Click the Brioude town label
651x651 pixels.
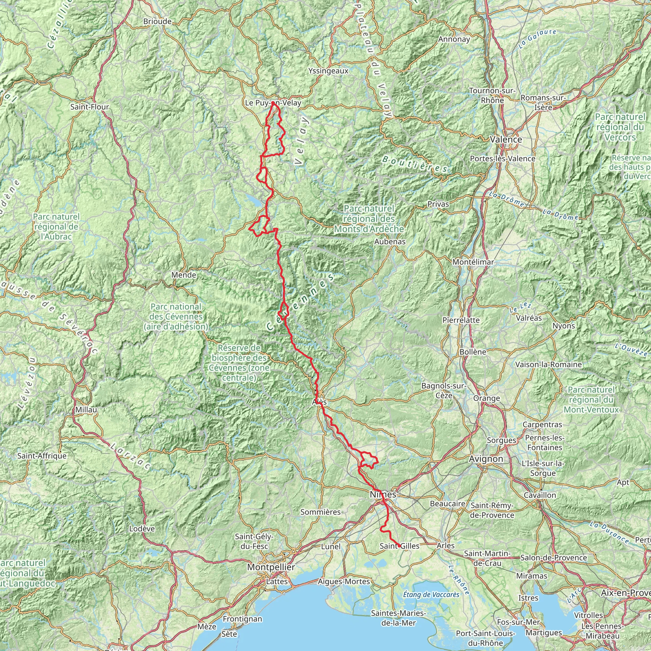pyautogui.click(x=157, y=22)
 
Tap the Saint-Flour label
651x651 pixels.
pyautogui.click(x=90, y=107)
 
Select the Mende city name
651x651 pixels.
pyautogui.click(x=184, y=275)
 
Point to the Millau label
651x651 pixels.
pyautogui.click(x=86, y=410)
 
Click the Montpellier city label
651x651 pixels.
pyautogui.click(x=271, y=567)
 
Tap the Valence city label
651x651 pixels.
pyautogui.click(x=506, y=140)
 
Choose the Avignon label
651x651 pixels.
pyautogui.click(x=486, y=459)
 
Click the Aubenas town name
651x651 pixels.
pyautogui.click(x=390, y=242)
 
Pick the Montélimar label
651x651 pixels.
pyautogui.click(x=473, y=262)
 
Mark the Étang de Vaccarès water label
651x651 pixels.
pyautogui.click(x=431, y=595)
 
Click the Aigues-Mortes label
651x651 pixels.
pyautogui.click(x=344, y=582)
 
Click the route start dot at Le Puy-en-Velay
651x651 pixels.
pyautogui.click(x=273, y=103)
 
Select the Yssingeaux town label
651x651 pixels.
pyautogui.click(x=328, y=71)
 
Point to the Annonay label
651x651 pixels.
pyautogui.click(x=454, y=39)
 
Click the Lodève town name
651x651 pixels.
pyautogui.click(x=142, y=529)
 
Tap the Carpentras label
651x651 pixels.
pyautogui.click(x=542, y=425)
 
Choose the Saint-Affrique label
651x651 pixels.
pyautogui.click(x=42, y=456)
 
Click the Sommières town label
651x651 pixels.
pyautogui.click(x=320, y=512)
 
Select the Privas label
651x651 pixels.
pyautogui.click(x=438, y=204)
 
